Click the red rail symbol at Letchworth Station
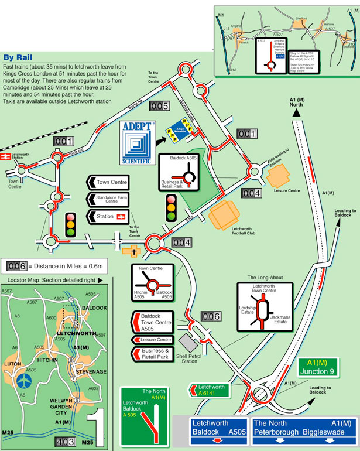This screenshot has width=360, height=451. pos(7,158)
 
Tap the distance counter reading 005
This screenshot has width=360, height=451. pos(159,107)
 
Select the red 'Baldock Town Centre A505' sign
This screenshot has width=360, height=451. pos(152,323)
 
